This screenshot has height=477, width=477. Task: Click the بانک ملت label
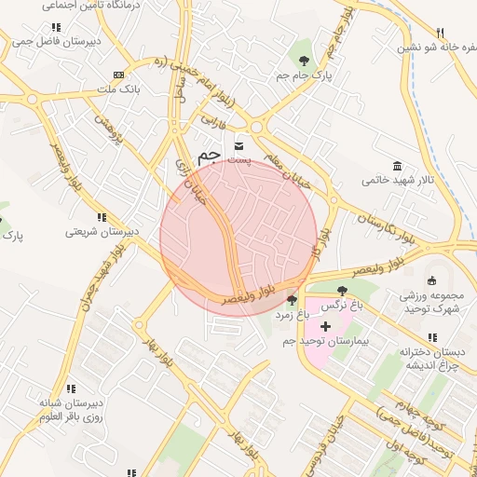(118, 89)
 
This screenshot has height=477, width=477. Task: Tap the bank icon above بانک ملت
(117, 75)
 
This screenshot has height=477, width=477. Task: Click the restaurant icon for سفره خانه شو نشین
(441, 31)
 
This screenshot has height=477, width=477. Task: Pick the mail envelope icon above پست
(239, 145)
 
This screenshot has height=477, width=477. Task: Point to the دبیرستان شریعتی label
(102, 231)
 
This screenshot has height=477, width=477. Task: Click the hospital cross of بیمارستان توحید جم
(325, 327)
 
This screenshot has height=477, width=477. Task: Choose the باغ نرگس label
(342, 306)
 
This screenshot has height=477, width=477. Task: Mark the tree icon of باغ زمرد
(293, 300)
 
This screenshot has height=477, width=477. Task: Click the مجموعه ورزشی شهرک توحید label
(430, 302)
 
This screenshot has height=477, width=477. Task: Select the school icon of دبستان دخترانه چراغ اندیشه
(431, 337)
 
